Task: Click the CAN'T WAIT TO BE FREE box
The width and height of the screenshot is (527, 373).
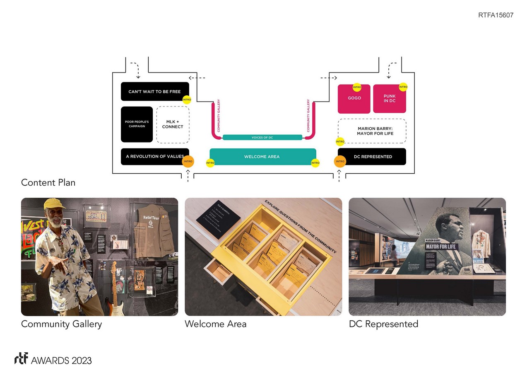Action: pyautogui.click(x=154, y=92)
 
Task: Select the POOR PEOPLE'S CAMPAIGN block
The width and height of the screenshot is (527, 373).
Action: pyautogui.click(x=137, y=124)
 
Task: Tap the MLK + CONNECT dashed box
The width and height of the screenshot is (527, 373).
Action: pyautogui.click(x=173, y=124)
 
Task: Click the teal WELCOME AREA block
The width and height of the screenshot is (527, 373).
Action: pyautogui.click(x=262, y=157)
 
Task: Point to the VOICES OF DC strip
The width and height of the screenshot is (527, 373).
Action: pyautogui.click(x=262, y=137)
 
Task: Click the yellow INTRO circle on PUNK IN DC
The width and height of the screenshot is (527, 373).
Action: pyautogui.click(x=403, y=87)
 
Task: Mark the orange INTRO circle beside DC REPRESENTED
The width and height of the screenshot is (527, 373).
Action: pyautogui.click(x=340, y=161)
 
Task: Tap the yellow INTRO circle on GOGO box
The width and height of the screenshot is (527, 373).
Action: pyautogui.click(x=357, y=87)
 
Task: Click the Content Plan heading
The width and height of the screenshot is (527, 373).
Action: pyautogui.click(x=48, y=182)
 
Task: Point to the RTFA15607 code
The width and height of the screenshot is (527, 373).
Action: pyautogui.click(x=496, y=15)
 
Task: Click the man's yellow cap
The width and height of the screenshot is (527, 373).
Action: pyautogui.click(x=54, y=203)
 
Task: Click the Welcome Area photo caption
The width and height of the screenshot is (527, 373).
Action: pyautogui.click(x=215, y=324)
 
